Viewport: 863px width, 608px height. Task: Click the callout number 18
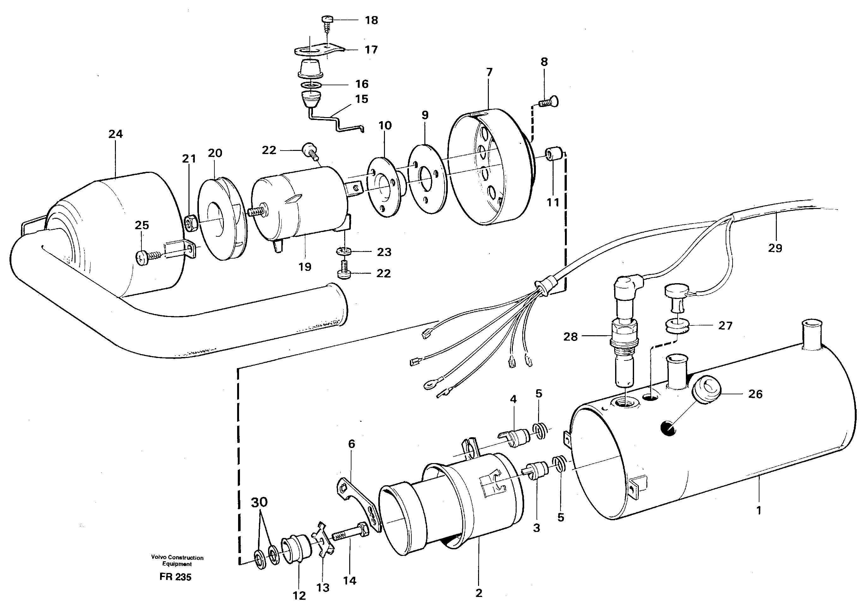coord(371,20)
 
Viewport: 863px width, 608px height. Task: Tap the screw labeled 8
coord(549,101)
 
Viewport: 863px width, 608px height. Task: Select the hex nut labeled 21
coord(189,223)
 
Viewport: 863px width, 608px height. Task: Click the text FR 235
coord(175,577)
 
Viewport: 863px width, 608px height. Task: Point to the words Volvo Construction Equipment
coord(177,561)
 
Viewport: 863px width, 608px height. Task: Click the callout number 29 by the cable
coord(775,248)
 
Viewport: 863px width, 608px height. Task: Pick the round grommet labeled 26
coord(705,391)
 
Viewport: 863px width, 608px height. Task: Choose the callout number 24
coord(115,134)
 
